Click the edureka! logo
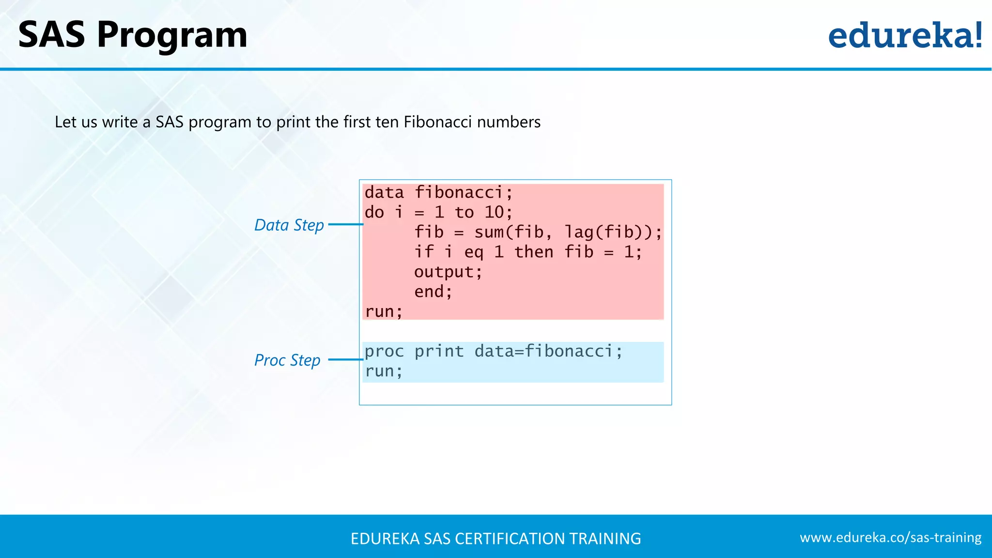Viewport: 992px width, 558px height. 905,35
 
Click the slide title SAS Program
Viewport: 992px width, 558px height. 132,35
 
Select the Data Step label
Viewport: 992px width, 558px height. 289,225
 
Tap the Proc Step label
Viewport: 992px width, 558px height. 287,360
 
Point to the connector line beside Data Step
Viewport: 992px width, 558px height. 345,224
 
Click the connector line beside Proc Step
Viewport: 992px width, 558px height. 345,359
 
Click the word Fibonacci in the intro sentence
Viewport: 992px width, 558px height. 437,122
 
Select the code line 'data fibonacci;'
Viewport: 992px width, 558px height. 438,193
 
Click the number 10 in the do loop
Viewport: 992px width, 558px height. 495,212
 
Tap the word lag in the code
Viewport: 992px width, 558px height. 579,232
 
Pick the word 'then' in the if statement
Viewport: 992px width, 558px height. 533,252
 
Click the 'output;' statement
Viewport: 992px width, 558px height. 448,272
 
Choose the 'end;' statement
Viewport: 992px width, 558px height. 433,292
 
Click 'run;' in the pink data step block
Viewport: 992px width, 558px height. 384,311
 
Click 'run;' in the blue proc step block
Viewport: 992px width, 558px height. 384,372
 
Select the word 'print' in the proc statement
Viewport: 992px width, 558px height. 439,351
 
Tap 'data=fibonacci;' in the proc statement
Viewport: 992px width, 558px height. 548,351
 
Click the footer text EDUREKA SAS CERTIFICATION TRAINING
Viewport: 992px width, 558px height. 496,539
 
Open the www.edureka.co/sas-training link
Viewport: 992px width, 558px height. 890,538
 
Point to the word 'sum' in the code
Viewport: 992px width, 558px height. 489,232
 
